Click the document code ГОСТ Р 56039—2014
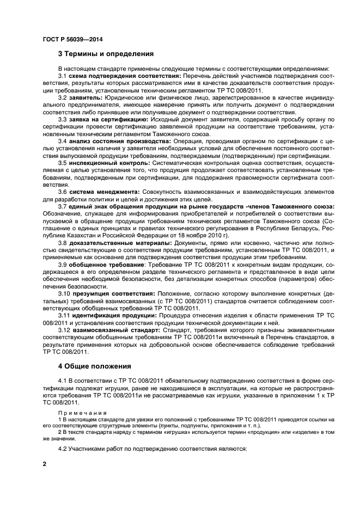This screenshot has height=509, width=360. (x=73, y=39)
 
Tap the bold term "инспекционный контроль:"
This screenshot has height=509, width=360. (x=107, y=162)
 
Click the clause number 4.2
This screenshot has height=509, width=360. (x=63, y=449)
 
